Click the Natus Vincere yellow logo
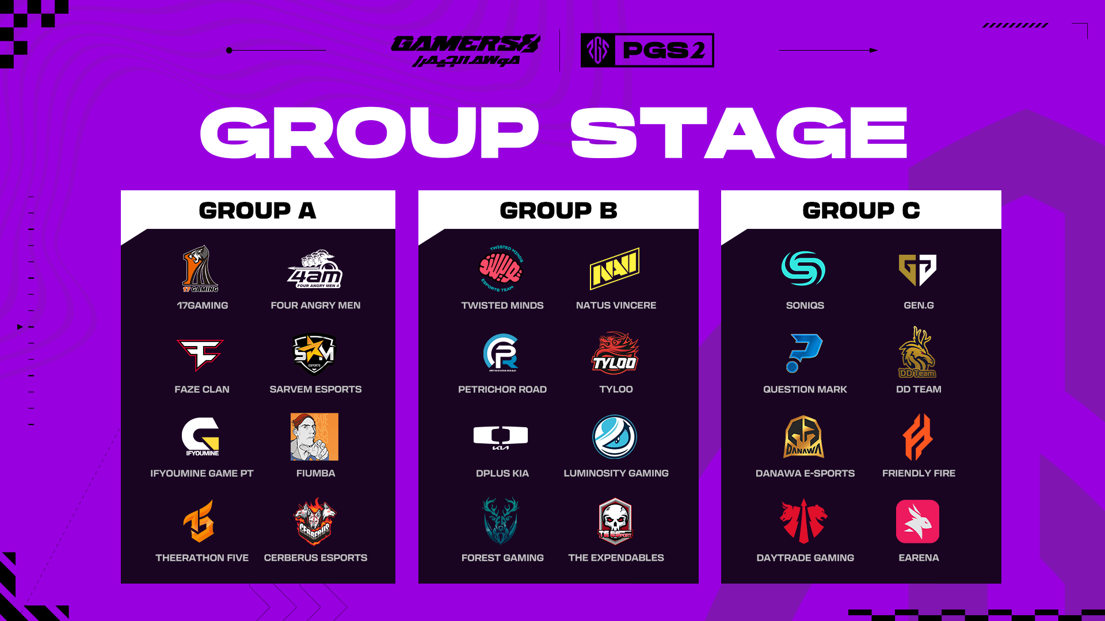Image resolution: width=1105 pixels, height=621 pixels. tap(615, 269)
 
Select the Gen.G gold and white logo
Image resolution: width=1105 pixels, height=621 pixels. tap(918, 270)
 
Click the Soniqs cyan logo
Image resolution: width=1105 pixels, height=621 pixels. tap(803, 269)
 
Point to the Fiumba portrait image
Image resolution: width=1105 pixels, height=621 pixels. tap(314, 436)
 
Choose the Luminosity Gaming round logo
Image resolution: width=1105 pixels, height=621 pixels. tap(615, 437)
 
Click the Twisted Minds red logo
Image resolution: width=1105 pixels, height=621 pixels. tap(501, 269)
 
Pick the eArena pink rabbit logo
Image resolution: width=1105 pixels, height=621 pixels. tap(917, 522)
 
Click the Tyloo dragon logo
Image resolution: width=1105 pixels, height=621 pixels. tap(615, 352)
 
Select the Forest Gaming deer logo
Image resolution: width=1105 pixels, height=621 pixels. tap(500, 521)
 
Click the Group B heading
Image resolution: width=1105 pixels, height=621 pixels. tap(558, 210)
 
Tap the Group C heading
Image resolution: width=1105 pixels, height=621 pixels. tap(861, 210)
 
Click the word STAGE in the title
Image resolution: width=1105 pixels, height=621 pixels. tap(739, 133)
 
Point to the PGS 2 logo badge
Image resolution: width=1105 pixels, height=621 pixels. tap(647, 50)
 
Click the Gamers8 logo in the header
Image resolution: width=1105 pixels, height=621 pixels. tap(466, 51)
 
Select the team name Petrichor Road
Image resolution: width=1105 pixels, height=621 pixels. tap(502, 389)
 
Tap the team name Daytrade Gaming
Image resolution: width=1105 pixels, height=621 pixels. tap(805, 558)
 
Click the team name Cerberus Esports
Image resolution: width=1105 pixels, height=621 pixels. tap(315, 558)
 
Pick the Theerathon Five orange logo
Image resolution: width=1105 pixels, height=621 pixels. tap(199, 521)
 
